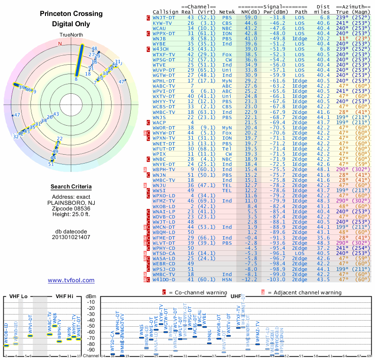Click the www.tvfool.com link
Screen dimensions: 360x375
pyautogui.click(x=71, y=280)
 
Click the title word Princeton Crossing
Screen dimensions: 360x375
pyautogui.click(x=71, y=14)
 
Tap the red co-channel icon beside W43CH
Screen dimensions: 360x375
pyautogui.click(x=148, y=49)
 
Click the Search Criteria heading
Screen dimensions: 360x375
pyautogui.click(x=71, y=187)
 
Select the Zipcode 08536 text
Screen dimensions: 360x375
pyautogui.click(x=71, y=208)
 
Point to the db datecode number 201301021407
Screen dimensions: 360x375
pyautogui.click(x=71, y=237)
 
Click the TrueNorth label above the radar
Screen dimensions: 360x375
pyautogui.click(x=71, y=36)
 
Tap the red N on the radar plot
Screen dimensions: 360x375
pyautogui.click(x=60, y=44)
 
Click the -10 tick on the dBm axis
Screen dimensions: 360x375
pyautogui.click(x=91, y=302)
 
